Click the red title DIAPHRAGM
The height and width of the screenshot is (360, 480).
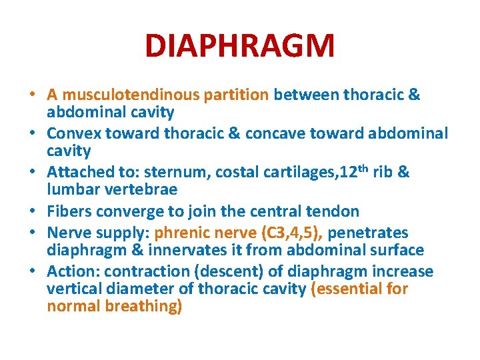click(240, 46)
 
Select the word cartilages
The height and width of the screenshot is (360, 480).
click(298, 173)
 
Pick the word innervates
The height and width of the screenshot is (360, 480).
click(177, 251)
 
